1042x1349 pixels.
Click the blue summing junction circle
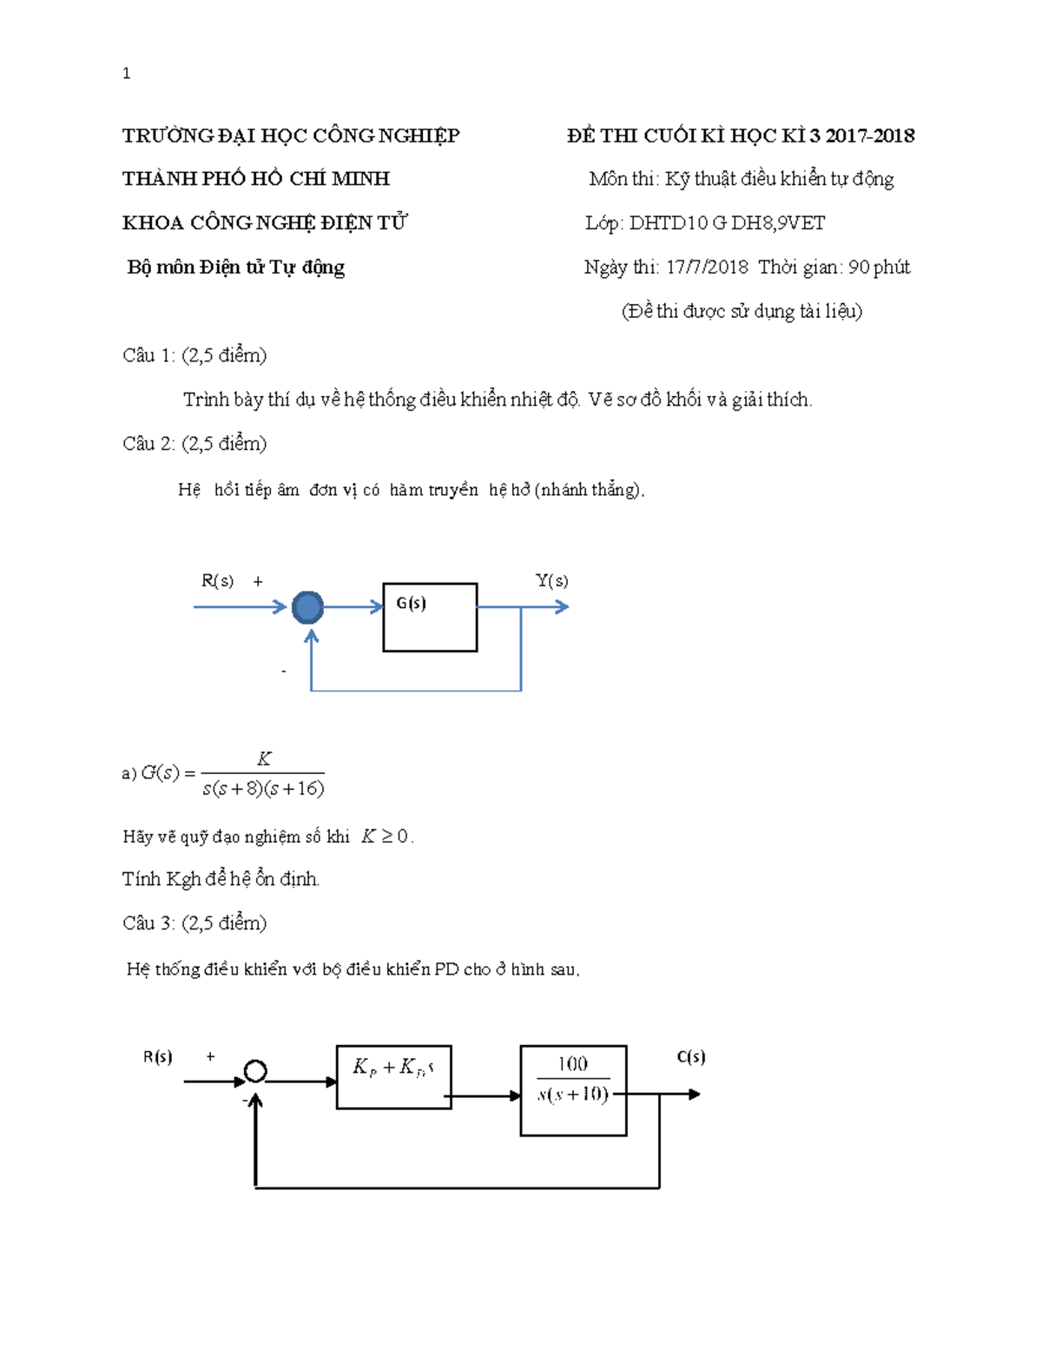click(x=307, y=607)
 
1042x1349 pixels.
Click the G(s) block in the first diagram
click(x=430, y=617)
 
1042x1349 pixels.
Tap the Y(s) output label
click(x=551, y=580)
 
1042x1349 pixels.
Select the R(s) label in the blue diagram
click(x=217, y=580)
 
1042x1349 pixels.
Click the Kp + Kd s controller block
click(x=393, y=1076)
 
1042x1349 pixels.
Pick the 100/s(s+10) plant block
click(x=573, y=1089)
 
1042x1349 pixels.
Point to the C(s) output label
click(x=690, y=1056)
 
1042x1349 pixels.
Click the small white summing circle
click(x=255, y=1071)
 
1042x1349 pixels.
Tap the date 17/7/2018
click(x=707, y=267)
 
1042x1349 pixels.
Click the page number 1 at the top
click(x=127, y=74)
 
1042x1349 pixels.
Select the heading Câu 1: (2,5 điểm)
click(x=195, y=355)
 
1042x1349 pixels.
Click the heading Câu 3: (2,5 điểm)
click(x=195, y=922)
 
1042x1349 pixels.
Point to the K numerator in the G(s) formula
click(x=264, y=758)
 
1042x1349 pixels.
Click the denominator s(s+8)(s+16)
click(x=263, y=789)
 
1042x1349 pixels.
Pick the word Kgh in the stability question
click(x=183, y=879)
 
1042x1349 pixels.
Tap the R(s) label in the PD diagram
click(x=158, y=1056)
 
